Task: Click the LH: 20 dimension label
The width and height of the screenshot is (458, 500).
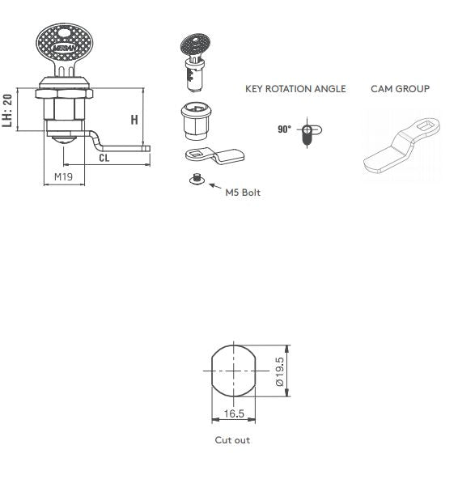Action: coord(7,109)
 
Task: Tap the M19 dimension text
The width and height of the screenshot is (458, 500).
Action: coord(63,176)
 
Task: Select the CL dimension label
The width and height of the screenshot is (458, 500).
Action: coord(104,159)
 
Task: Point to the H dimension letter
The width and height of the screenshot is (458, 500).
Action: coord(134,120)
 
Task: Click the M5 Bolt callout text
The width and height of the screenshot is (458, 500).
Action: coord(243,193)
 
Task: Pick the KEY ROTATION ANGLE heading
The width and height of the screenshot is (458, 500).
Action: coord(295,89)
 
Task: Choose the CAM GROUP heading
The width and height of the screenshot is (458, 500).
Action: coord(400,89)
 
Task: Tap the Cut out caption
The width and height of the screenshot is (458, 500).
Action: coord(232,440)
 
